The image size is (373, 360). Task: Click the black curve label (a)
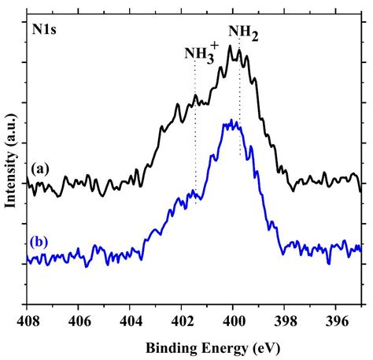[39, 168]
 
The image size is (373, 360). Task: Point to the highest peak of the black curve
[230, 46]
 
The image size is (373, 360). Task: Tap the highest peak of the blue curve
[231, 120]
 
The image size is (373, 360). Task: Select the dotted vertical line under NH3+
[195, 134]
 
